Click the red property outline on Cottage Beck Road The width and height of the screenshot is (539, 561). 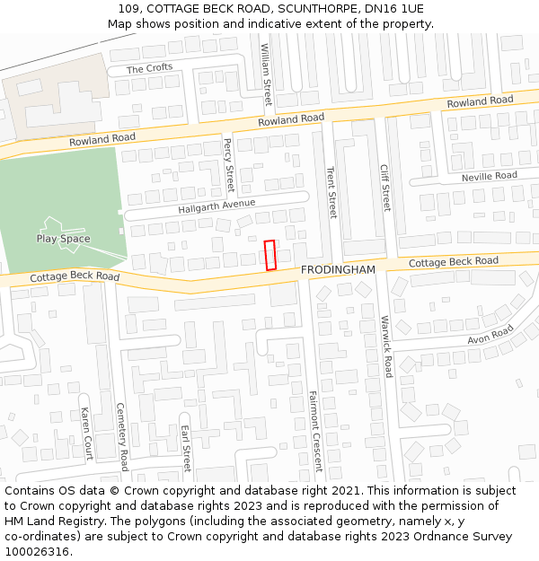click(270, 255)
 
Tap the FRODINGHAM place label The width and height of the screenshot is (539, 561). click(338, 269)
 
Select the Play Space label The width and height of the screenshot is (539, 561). click(63, 239)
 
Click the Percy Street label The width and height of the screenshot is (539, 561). click(228, 165)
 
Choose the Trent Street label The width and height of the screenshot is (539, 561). click(331, 192)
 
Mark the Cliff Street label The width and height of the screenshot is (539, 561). click(385, 187)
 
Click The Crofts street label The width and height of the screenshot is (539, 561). click(149, 69)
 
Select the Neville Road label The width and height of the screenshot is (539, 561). click(490, 177)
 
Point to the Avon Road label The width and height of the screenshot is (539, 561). click(490, 336)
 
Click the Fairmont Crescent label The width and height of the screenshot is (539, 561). click(315, 431)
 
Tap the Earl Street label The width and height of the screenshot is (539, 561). click(186, 448)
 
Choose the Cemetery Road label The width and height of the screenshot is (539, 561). click(122, 436)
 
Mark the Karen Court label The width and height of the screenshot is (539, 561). click(87, 433)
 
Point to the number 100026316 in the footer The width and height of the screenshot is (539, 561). click(37, 551)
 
